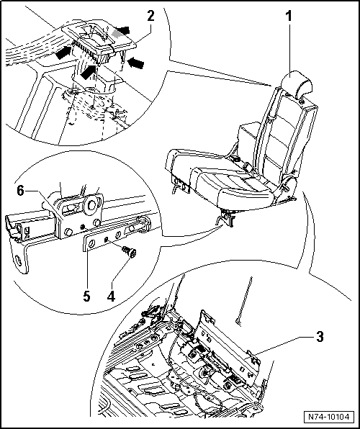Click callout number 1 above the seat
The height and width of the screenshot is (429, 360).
289,17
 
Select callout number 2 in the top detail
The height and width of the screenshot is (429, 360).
150,16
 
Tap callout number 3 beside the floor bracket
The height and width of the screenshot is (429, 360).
320,337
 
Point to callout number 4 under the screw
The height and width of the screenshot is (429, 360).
111,296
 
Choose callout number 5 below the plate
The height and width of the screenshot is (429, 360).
86,296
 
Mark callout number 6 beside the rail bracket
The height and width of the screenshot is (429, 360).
21,191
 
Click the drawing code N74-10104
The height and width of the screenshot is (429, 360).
329,417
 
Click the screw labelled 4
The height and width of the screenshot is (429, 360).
130,252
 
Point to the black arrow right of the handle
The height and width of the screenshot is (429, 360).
135,63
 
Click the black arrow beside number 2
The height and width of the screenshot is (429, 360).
122,30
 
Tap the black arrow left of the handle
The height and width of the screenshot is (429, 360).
63,53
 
